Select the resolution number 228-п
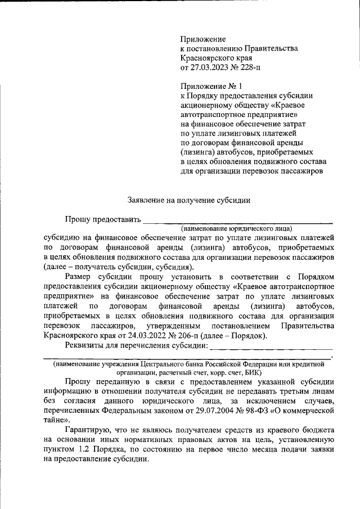(x=250, y=67)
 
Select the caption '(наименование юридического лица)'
(x=237, y=229)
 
